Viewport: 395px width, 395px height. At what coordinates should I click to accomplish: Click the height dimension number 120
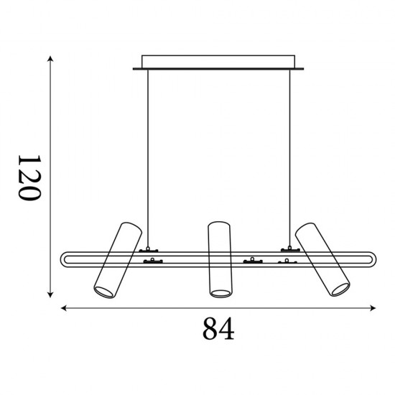(29, 178)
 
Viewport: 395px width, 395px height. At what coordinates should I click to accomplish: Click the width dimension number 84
(218, 328)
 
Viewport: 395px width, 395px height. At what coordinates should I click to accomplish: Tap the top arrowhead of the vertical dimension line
(50, 58)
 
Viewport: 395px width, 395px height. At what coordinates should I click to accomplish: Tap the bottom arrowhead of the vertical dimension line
(50, 294)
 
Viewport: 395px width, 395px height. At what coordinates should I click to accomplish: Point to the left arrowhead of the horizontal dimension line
(64, 308)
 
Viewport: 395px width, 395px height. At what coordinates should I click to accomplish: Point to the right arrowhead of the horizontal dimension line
(373, 308)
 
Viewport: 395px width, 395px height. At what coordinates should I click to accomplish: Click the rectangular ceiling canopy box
(218, 62)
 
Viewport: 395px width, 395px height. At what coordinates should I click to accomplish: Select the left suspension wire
(148, 158)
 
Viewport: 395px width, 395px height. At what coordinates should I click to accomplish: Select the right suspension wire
(289, 158)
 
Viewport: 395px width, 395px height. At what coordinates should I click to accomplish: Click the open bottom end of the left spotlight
(104, 292)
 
